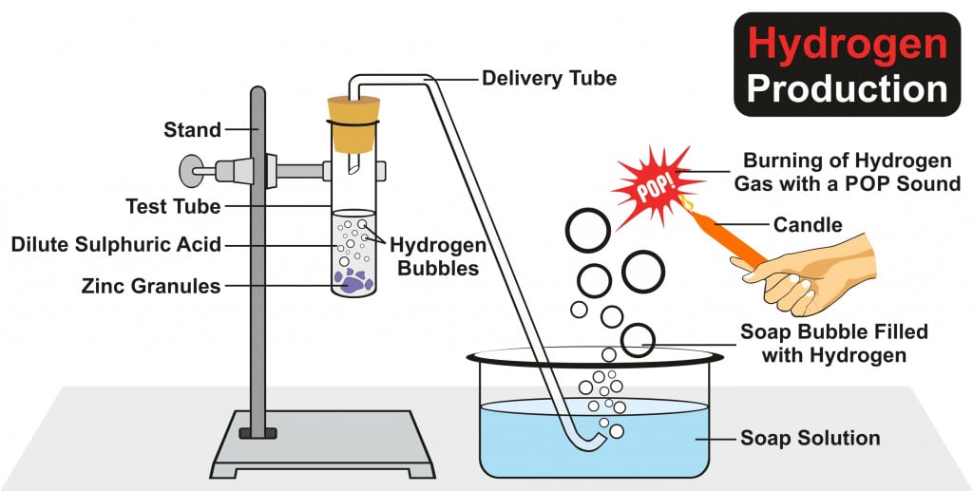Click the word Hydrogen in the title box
[847, 44]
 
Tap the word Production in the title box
[847, 88]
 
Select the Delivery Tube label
[549, 77]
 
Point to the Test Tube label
[173, 206]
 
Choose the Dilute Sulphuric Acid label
[116, 244]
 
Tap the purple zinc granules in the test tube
[353, 279]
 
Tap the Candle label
[808, 225]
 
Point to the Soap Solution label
[810, 438]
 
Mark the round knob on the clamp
[191, 170]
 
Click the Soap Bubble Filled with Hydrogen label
[833, 344]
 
